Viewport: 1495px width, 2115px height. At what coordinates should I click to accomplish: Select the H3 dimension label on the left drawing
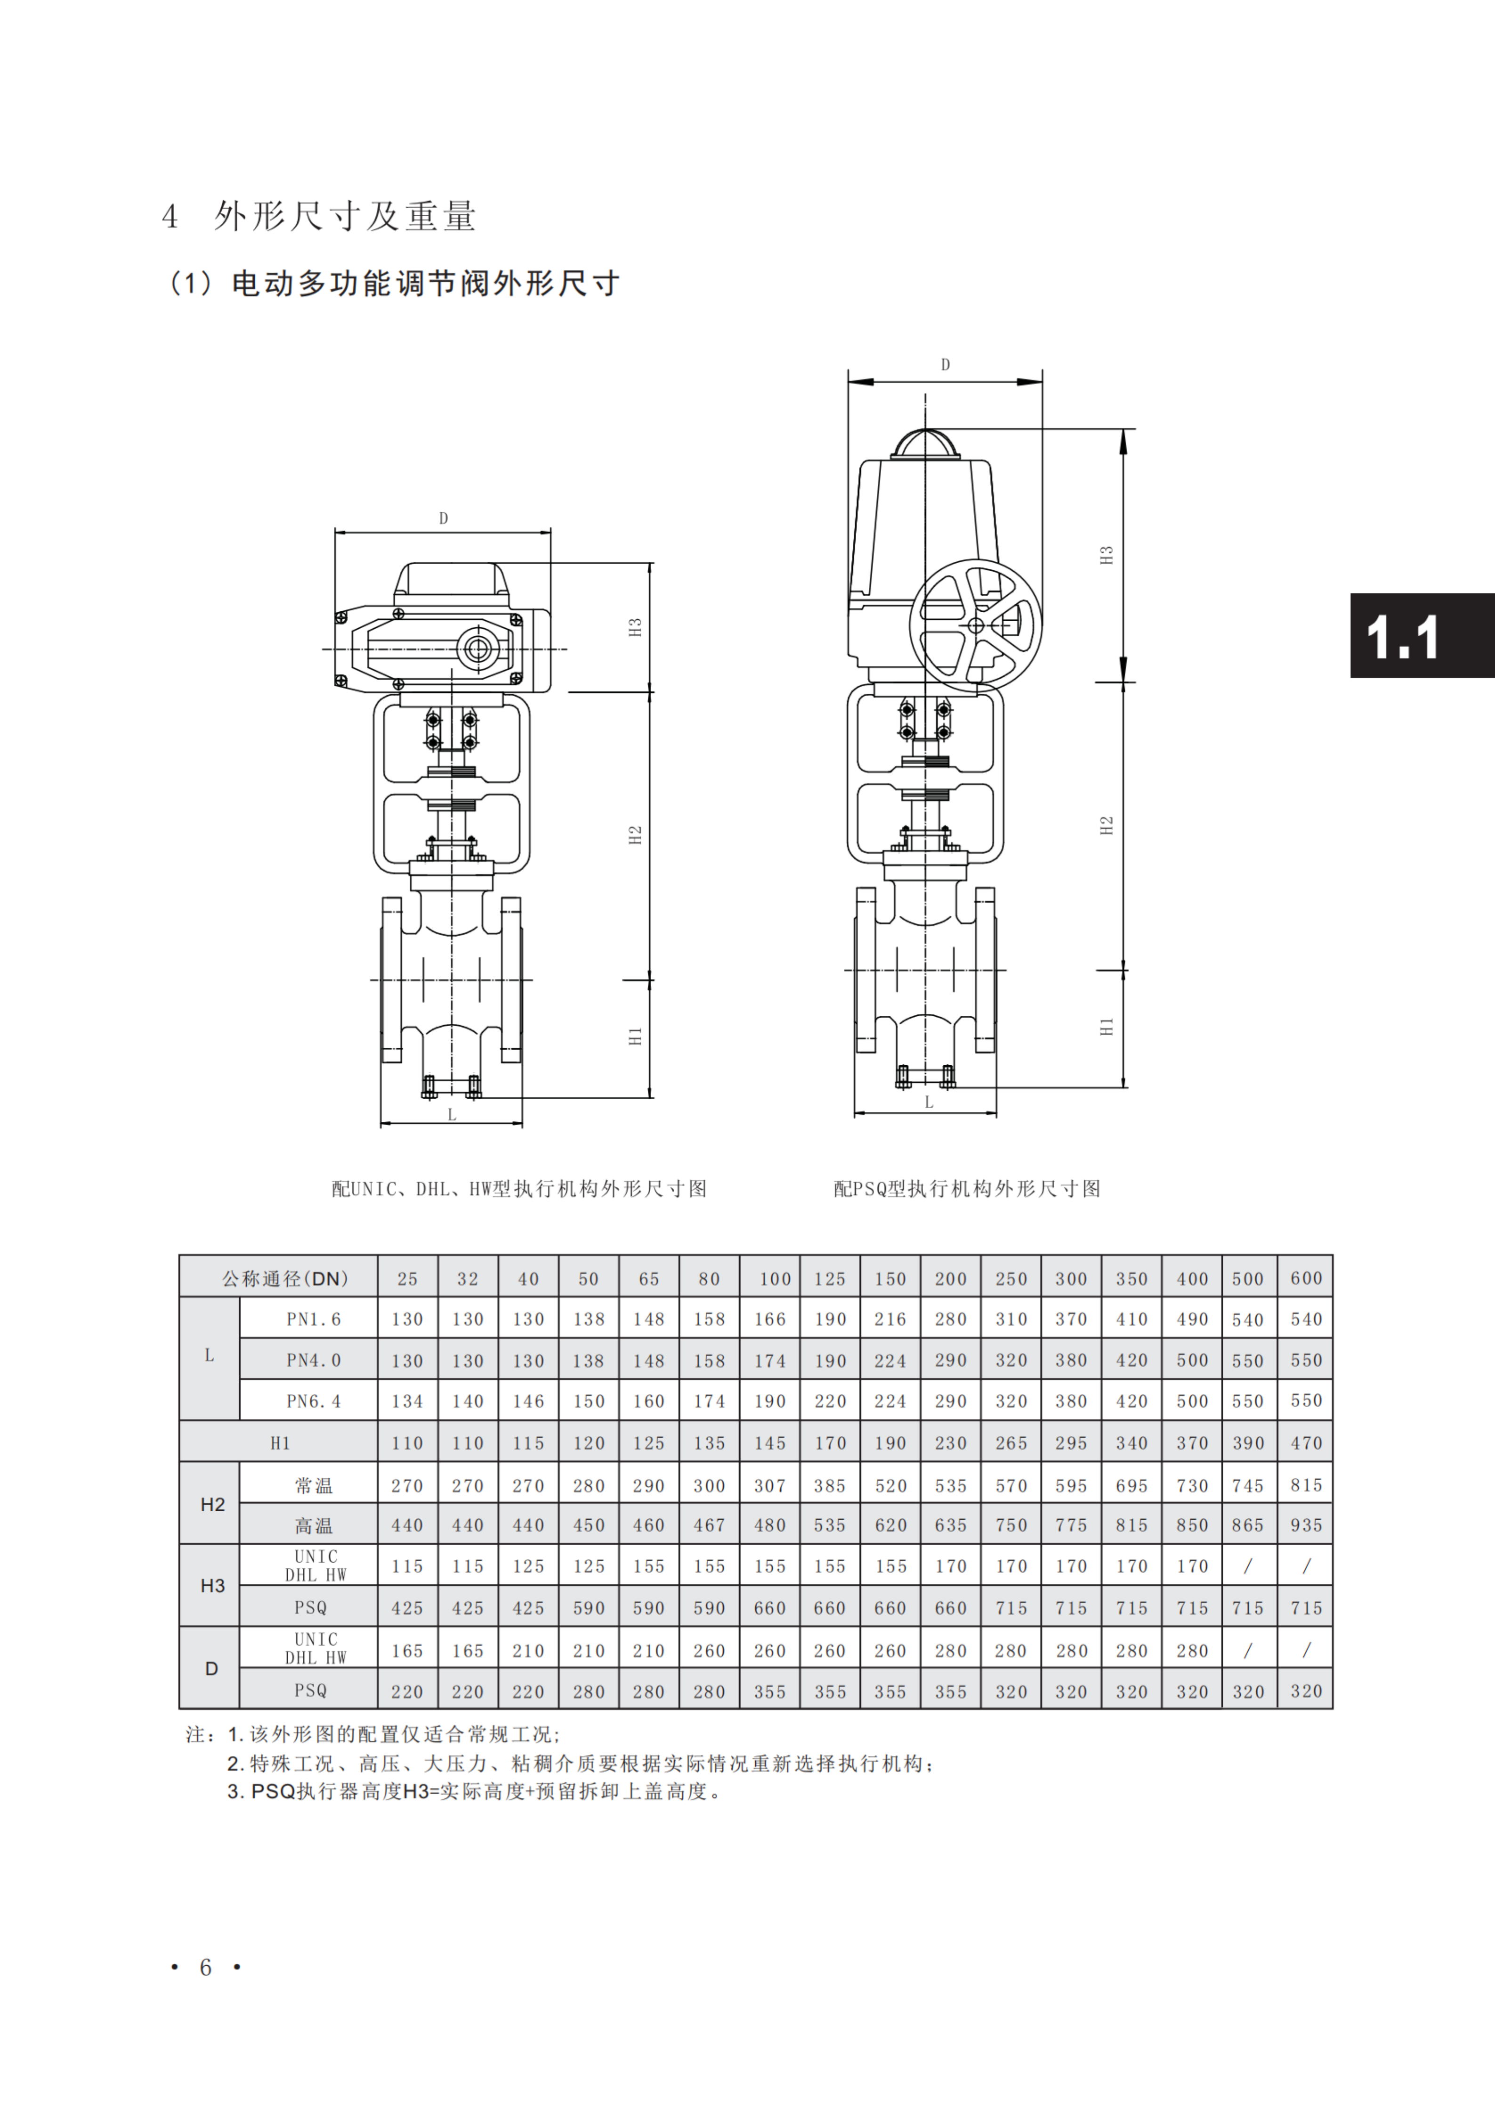635,627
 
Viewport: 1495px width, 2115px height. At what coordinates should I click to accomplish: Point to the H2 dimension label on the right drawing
1106,826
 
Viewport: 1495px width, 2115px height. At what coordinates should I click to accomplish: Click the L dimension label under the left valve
453,1115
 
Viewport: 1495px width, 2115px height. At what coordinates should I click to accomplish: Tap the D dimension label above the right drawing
945,365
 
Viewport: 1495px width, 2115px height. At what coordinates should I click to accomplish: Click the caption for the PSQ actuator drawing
967,1188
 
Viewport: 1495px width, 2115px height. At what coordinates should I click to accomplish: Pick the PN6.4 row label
313,1401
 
